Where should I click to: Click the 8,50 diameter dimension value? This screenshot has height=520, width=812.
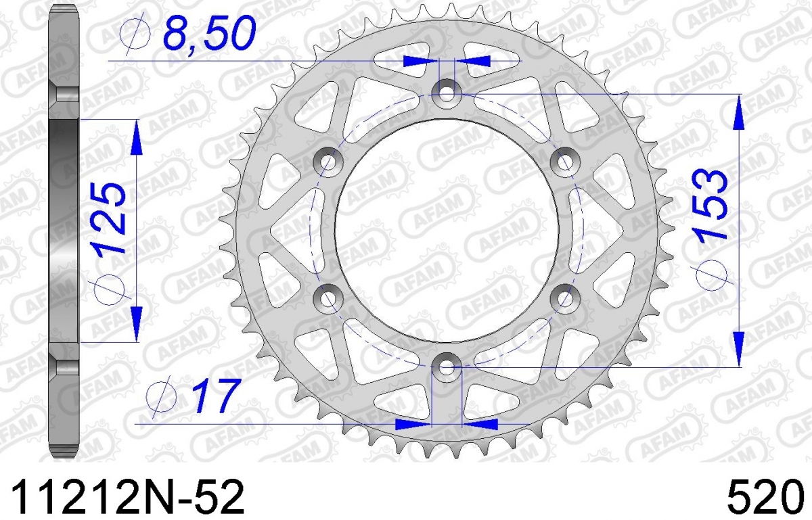210,33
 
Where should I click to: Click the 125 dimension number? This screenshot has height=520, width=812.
109,219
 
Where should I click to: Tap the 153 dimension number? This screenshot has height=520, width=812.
710,204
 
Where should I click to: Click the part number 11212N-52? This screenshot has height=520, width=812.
128,496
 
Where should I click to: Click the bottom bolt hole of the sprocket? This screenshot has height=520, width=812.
447,367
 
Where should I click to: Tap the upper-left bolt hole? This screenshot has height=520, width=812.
328,162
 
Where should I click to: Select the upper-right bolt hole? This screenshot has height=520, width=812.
565,162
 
